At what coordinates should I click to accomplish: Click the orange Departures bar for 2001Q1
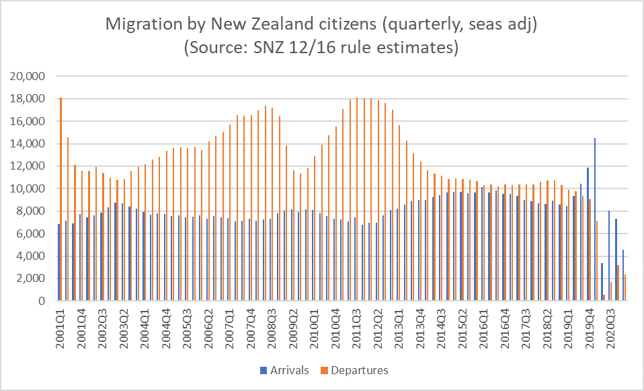61,199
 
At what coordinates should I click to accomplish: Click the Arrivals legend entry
283,370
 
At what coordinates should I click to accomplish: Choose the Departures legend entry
356,370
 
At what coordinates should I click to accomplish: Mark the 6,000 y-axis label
29,234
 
